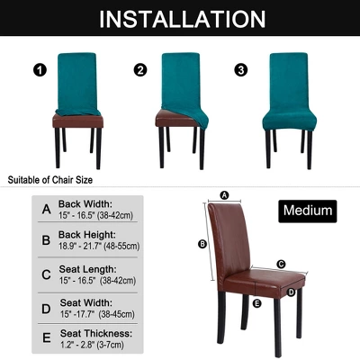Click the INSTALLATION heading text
pos(182,19)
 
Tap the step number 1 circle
pos(40,71)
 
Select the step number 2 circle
pos(140,70)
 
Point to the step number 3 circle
pos(241,70)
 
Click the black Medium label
pos(308,211)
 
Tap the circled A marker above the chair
pos(224,195)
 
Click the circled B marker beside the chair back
pos(202,245)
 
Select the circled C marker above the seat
pos(281,265)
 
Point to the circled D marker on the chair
pos(292,292)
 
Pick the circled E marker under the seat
pos(257,304)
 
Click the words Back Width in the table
pos(85,204)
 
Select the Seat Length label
pos(87,269)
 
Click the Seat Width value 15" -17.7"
pos(77,314)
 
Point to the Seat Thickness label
pos(96,333)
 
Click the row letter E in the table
pos(47,337)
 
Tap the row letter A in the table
pos(47,209)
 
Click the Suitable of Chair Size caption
pos(50,180)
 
